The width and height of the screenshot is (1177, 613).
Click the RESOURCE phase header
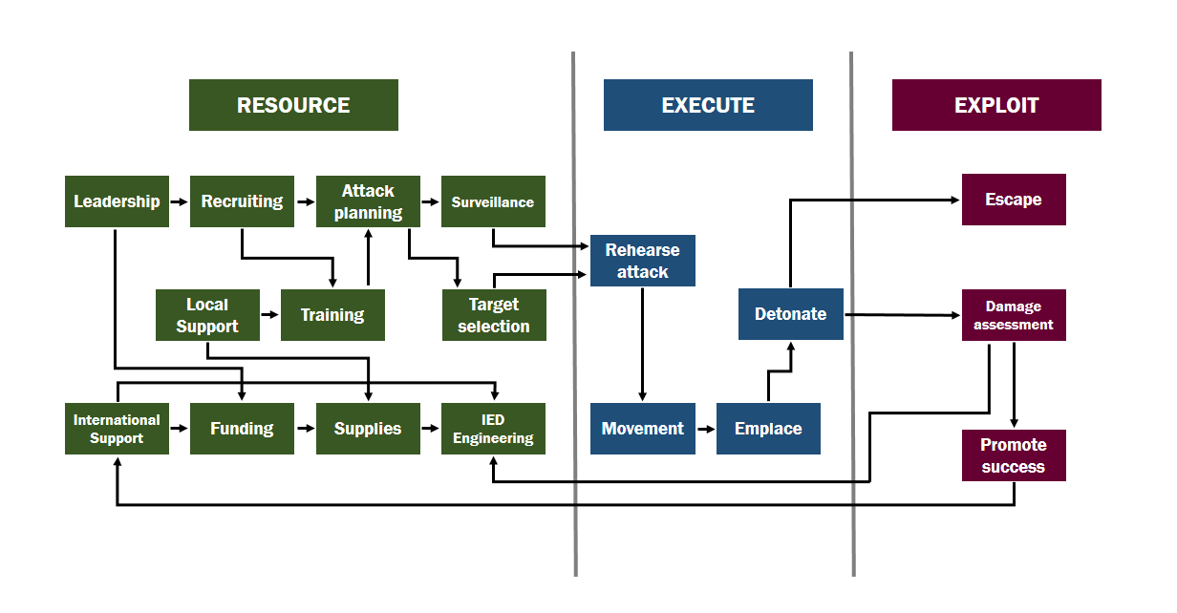293,105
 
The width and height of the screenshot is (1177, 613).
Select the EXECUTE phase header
708,105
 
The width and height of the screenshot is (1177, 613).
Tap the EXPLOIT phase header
996,105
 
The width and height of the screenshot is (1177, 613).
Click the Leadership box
117,201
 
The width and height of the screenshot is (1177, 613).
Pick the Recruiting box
242,201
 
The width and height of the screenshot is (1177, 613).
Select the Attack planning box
368,201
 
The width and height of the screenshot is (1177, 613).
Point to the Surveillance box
493,201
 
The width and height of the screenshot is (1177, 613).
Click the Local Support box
207,315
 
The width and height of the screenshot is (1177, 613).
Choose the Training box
332,315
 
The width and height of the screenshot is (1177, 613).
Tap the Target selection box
494,315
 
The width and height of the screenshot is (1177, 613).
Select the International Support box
117,429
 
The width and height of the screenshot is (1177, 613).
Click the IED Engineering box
493,429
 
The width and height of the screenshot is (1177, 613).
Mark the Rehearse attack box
642,261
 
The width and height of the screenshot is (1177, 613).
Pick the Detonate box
790,314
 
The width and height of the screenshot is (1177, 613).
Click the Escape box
1014,200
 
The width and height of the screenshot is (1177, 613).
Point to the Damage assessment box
1014,315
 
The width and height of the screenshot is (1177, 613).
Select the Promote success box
1014,455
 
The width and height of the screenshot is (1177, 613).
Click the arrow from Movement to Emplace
706,429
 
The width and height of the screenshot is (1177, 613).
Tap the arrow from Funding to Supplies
305,429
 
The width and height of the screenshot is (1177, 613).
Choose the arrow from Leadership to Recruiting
180,201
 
